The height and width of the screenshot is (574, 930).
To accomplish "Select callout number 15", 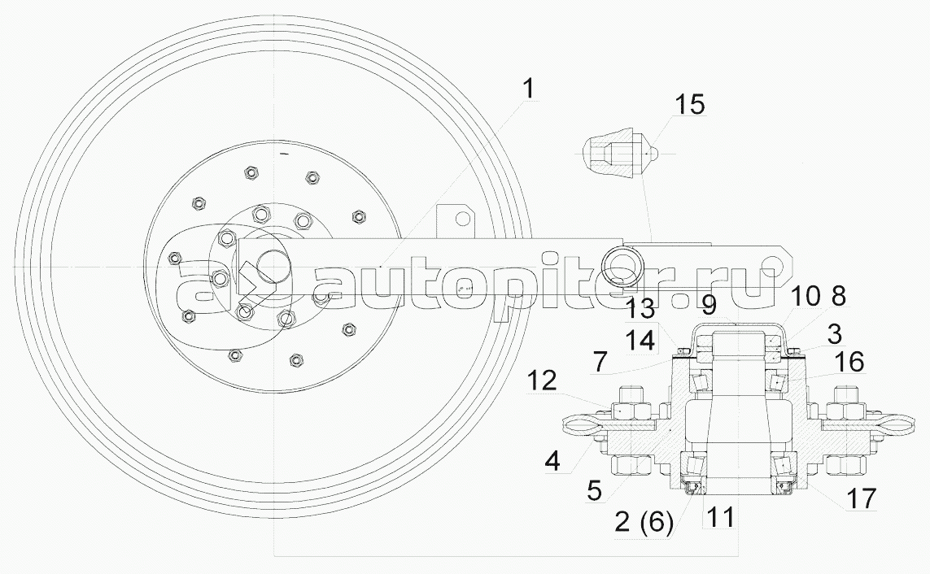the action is pos(690,104).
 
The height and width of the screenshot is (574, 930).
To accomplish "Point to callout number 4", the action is pos(552,460).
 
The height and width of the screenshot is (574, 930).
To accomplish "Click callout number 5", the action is pos(594,490).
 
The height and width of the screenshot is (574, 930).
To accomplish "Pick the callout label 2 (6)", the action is pos(644,522).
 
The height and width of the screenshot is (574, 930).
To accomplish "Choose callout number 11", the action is pos(600,361).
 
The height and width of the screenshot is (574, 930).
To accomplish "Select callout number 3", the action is pos(835,335).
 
